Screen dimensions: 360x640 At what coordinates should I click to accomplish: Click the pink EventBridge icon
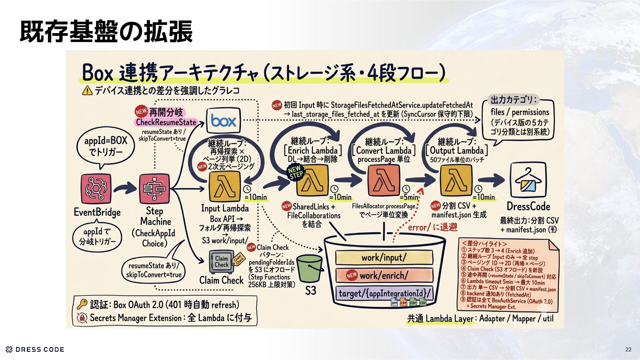pos(96,188)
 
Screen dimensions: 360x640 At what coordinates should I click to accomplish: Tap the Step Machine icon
pos(154,188)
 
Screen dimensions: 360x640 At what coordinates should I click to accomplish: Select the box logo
pos(223,121)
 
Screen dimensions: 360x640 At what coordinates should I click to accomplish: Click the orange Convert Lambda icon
pos(384,182)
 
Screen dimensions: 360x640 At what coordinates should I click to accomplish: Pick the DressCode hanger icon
pos(528,180)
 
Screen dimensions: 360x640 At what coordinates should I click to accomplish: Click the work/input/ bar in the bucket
pos(384,257)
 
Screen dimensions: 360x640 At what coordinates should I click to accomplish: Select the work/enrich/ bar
pos(384,275)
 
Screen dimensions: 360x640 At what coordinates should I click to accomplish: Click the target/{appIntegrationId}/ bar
pos(384,293)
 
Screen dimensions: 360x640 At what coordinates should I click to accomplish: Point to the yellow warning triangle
pos(87,90)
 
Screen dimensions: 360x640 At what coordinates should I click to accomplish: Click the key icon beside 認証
pos(82,304)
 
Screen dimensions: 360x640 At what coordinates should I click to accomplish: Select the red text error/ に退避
pos(433,227)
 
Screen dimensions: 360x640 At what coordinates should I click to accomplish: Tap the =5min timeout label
pos(409,197)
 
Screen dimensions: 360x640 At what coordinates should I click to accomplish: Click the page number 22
pos(628,349)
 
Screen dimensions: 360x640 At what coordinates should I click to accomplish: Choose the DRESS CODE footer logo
pos(35,349)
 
